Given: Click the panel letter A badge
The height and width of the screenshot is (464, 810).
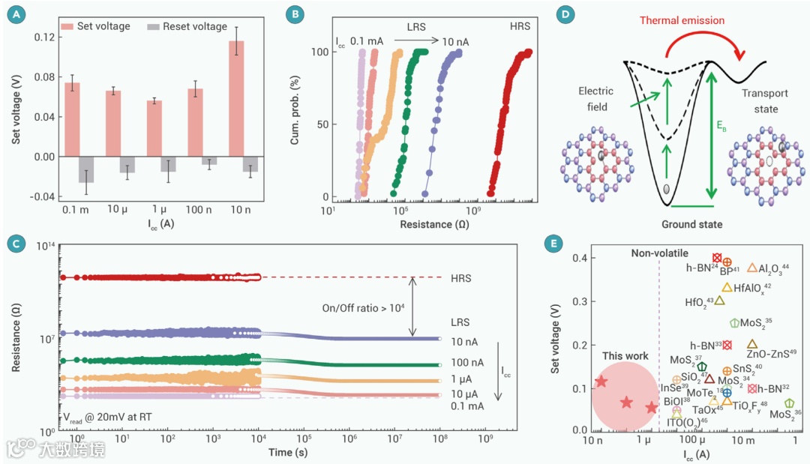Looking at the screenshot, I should click(x=14, y=12).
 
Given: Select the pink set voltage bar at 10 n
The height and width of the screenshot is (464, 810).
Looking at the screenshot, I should click(x=236, y=99).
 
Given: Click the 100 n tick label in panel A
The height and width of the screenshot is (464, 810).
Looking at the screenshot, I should click(x=196, y=208).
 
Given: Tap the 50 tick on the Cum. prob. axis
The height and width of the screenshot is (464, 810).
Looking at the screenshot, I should click(x=319, y=124).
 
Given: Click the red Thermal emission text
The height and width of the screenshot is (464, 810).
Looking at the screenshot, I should click(x=681, y=21).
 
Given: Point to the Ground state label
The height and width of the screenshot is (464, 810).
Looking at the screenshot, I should click(x=691, y=224).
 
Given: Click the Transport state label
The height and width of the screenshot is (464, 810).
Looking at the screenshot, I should click(x=765, y=101).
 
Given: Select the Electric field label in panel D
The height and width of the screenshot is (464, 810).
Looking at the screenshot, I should click(x=595, y=99).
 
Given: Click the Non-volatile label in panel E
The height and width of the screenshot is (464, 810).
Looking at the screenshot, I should click(x=659, y=253).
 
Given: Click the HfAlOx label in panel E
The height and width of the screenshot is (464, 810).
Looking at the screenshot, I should click(x=752, y=287).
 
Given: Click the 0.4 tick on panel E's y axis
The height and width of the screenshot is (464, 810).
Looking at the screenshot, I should click(x=580, y=258).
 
